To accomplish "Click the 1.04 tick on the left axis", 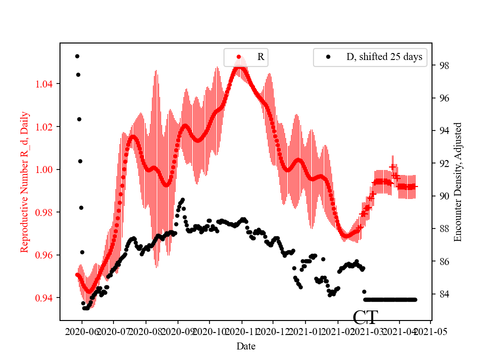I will [46, 84].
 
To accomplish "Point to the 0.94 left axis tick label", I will [46, 298].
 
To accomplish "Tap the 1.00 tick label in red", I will [46, 169].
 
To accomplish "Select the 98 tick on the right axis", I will [443, 65].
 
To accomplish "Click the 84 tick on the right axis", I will [443, 294].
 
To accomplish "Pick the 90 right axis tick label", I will [443, 196].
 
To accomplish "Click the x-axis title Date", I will [246, 346].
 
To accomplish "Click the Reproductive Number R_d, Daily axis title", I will [24, 182].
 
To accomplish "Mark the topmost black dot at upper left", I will [77, 56].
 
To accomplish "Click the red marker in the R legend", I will [238, 57].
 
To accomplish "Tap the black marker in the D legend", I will [328, 57].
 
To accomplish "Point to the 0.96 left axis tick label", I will [46, 255].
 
